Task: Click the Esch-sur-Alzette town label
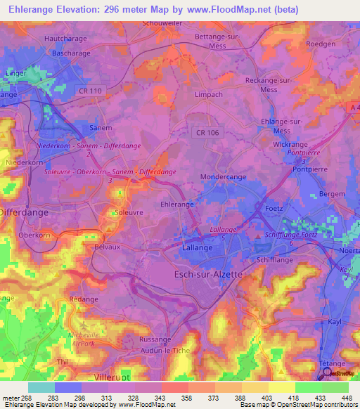207,274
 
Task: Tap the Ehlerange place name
177,204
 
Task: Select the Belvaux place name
109,247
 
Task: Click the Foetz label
273,209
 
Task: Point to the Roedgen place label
322,44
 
